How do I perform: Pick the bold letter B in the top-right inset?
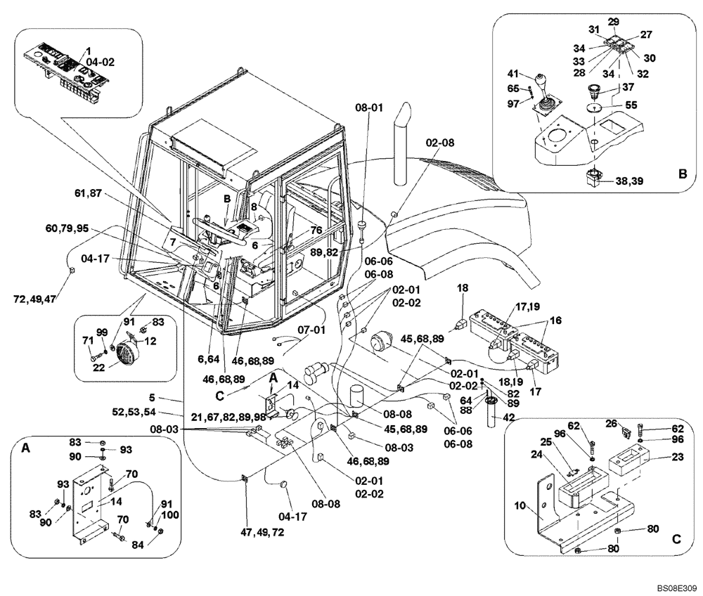point(682,170)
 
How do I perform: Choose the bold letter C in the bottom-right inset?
point(676,540)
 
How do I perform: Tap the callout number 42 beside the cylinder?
point(508,418)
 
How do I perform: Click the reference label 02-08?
point(441,142)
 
